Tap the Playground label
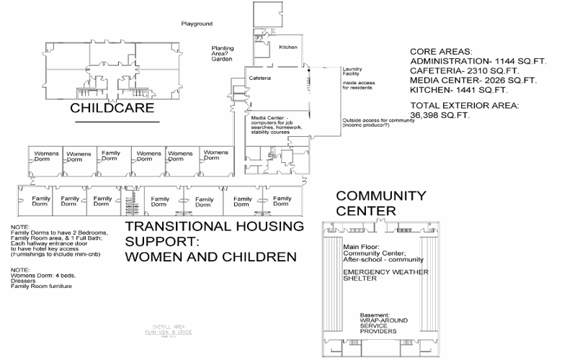pos(197,24)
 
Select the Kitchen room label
pos(287,48)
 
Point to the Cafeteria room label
pos(260,78)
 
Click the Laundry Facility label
pos(351,71)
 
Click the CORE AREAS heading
pos(441,53)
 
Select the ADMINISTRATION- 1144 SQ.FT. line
pos(478,62)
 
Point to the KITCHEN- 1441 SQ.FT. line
pos(458,91)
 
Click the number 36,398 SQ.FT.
pos(440,115)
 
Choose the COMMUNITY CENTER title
pos(380,203)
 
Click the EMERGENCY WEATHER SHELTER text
pos(385,276)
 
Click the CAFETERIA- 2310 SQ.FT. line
pos(463,71)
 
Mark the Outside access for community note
pos(378,123)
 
